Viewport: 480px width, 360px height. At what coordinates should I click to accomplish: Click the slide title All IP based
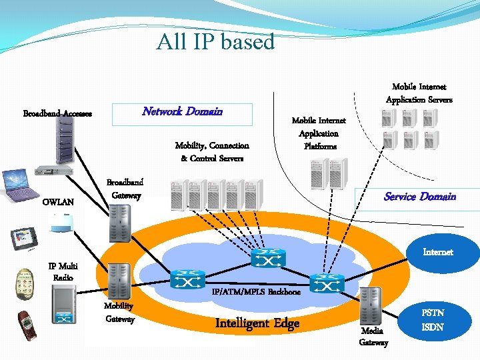click(215, 41)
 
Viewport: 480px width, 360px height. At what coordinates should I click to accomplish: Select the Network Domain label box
click(182, 112)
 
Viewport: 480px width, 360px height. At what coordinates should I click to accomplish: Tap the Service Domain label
click(419, 196)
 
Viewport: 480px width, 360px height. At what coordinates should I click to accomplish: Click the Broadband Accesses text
click(57, 113)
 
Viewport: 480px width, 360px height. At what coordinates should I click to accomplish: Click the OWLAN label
click(58, 202)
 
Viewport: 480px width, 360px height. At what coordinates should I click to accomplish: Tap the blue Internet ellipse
click(438, 252)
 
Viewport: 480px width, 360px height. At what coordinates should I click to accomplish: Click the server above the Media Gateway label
click(370, 306)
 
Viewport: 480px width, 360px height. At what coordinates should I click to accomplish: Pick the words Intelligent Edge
click(257, 323)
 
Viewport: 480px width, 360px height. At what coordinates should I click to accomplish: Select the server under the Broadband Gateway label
click(120, 223)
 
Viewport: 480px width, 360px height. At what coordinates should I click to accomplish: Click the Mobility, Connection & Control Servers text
click(212, 152)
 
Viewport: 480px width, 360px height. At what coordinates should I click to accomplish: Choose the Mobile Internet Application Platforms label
click(319, 133)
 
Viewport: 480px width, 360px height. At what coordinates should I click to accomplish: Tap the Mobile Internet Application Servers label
click(419, 93)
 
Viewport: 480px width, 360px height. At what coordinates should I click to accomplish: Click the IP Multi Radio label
click(63, 271)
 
